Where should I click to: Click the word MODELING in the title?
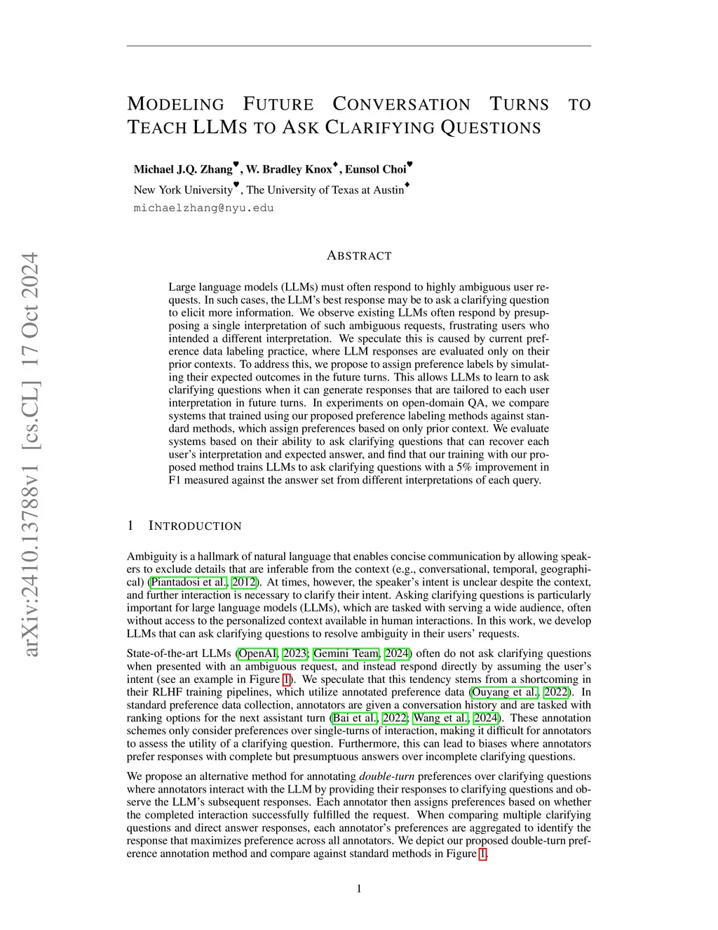[x=175, y=105]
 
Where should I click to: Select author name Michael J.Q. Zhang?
[x=183, y=169]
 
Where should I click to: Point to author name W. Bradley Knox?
[x=289, y=169]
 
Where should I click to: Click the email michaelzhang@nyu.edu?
[x=203, y=208]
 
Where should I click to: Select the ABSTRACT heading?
[x=359, y=255]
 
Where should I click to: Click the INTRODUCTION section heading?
[x=195, y=526]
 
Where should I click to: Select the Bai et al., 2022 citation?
[x=370, y=718]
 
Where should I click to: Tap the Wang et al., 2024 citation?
[x=456, y=718]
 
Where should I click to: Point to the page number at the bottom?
[x=359, y=889]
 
